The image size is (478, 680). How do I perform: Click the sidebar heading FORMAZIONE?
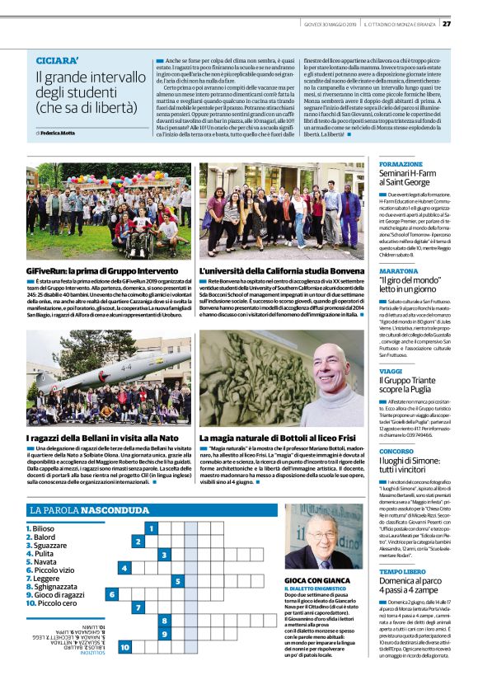click(400, 164)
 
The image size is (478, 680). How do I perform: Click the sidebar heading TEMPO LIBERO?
click(402, 570)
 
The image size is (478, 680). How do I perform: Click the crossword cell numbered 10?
click(124, 648)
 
